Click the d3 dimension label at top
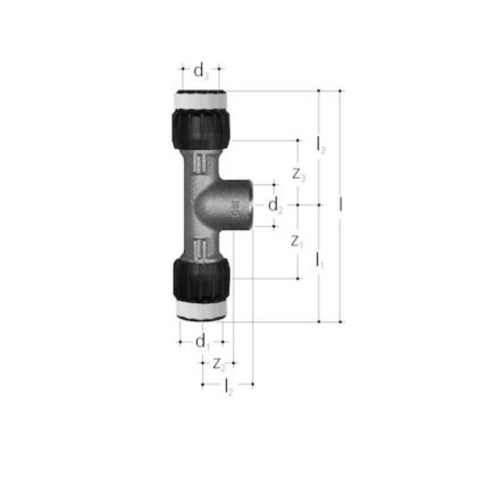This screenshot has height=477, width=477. point(200,72)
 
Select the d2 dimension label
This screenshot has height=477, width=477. point(276,205)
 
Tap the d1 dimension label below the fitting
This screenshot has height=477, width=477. point(202,342)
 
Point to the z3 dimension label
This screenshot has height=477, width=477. point(298,176)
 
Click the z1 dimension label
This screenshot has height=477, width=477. point(297,241)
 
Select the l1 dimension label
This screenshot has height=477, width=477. point(320,261)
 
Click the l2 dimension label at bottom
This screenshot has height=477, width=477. point(228,386)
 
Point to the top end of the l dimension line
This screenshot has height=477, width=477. point(341,91)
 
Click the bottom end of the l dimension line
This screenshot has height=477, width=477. point(341,322)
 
